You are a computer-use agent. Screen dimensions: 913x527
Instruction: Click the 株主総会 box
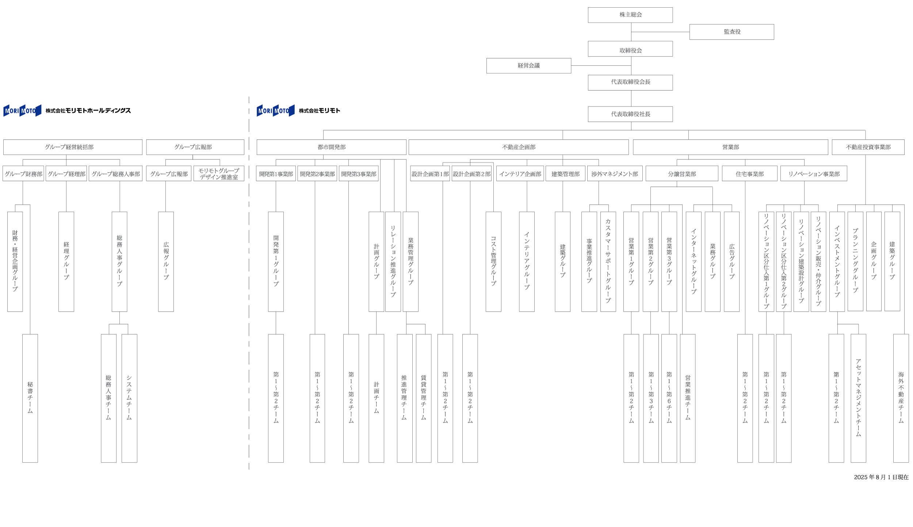(x=630, y=15)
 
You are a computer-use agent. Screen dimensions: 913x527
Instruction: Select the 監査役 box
(x=731, y=32)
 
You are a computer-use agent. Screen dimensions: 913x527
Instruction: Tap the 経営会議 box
(x=528, y=66)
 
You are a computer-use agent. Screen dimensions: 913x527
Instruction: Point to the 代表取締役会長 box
(x=630, y=82)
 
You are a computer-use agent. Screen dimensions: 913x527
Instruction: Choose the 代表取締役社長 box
(x=630, y=114)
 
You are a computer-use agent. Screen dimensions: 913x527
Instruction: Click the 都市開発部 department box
(x=331, y=147)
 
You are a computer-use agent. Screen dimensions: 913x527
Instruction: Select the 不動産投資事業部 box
(x=868, y=147)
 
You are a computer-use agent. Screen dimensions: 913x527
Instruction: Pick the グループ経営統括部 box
(x=73, y=147)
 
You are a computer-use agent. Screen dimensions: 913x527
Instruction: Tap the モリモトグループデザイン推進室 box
(x=219, y=174)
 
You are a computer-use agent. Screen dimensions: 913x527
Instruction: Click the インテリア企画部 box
(x=520, y=174)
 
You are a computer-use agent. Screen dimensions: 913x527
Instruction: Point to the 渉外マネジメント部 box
(x=615, y=174)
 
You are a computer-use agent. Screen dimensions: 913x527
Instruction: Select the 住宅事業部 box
(x=749, y=174)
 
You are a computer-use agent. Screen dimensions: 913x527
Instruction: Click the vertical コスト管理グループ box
(x=493, y=262)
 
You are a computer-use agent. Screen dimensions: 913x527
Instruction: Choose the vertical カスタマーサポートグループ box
(x=608, y=262)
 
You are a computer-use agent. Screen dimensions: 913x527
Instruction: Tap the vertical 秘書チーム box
(x=30, y=398)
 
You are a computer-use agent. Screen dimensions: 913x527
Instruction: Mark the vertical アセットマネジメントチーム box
(x=858, y=398)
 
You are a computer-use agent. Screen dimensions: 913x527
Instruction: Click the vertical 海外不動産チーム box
(x=901, y=398)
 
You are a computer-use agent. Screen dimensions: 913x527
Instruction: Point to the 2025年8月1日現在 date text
(x=881, y=477)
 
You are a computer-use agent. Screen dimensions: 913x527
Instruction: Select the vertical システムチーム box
(x=129, y=398)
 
